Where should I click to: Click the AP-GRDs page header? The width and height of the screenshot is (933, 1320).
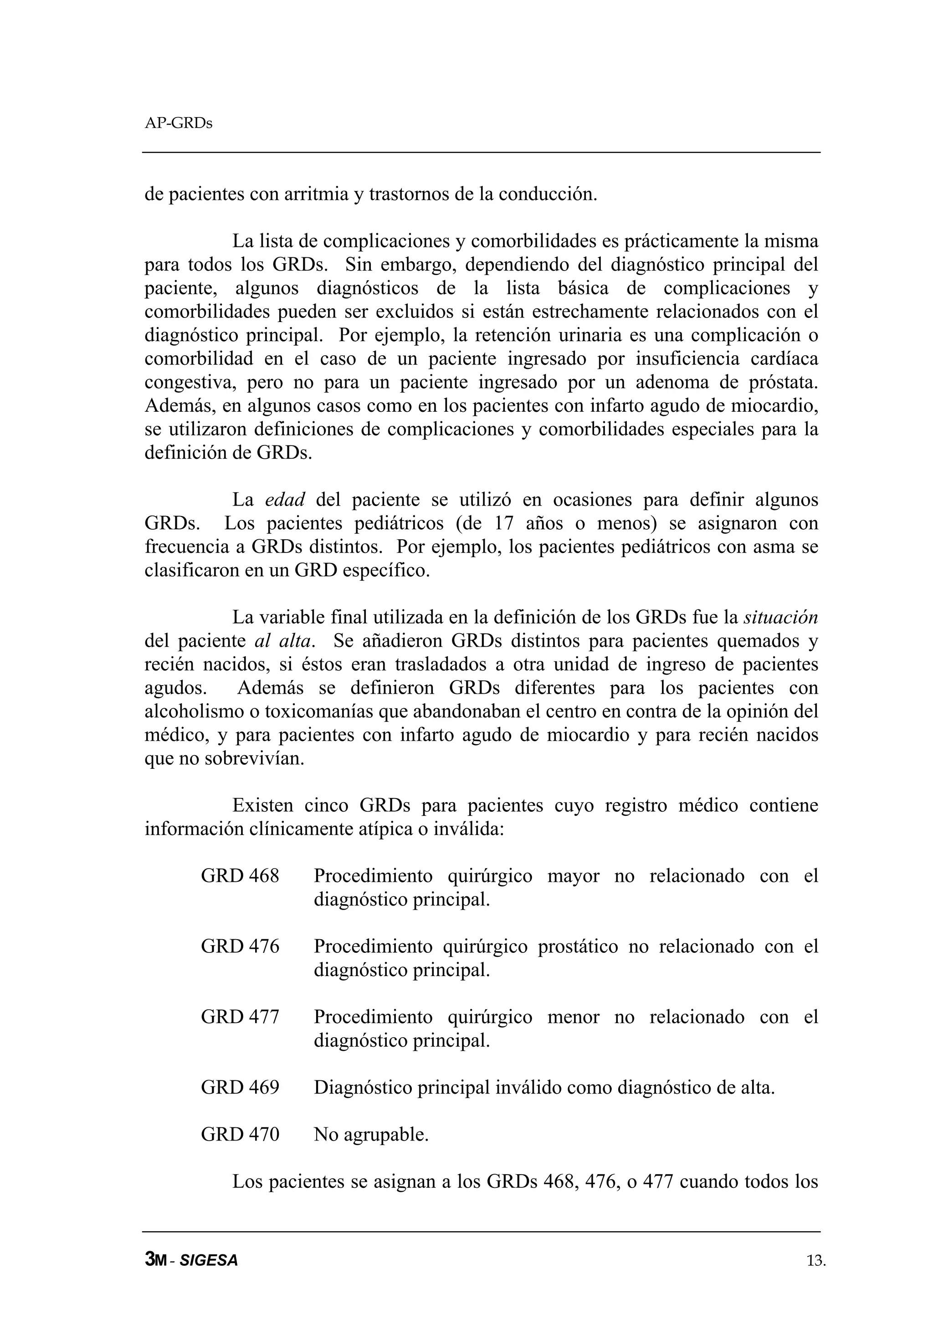pyautogui.click(x=178, y=123)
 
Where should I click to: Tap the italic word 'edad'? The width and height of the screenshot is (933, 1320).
pyautogui.click(x=285, y=500)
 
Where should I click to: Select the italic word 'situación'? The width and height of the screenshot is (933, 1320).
pyautogui.click(x=781, y=618)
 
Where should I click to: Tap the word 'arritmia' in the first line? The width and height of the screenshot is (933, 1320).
pyautogui.click(x=315, y=194)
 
